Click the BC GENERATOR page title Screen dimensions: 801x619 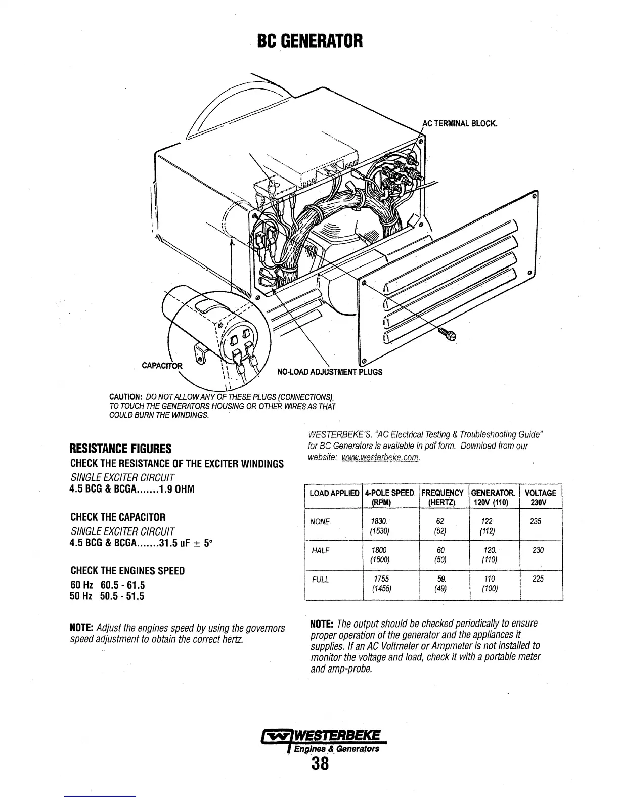tap(310, 40)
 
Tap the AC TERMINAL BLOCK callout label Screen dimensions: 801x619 tap(460, 123)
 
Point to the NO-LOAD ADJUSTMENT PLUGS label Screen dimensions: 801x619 tap(330, 372)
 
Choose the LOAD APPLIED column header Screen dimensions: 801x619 tap(334, 493)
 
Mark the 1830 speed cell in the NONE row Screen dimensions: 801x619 tap(379, 521)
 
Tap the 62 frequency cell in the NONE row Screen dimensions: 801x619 tap(439, 521)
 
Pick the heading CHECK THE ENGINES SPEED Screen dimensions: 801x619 tap(127, 571)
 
